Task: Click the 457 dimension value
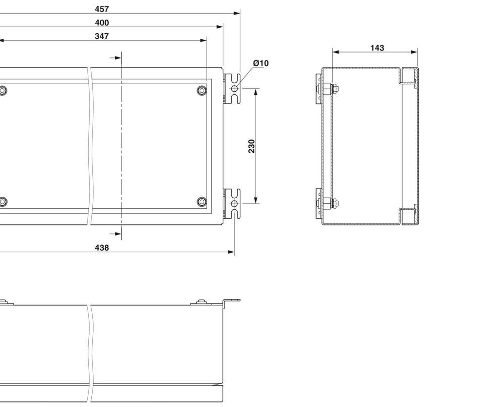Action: (x=102, y=9)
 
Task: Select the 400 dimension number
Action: (x=102, y=23)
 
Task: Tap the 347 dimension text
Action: (x=102, y=36)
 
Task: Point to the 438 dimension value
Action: (x=102, y=248)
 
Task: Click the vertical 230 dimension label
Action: (x=252, y=146)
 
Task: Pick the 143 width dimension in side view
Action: (x=377, y=48)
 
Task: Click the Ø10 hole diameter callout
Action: (x=261, y=63)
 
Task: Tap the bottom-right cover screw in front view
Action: (x=202, y=202)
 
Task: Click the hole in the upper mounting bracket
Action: (x=234, y=89)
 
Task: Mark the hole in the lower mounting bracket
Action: (x=234, y=203)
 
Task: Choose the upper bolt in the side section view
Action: (x=328, y=90)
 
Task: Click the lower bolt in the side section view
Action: (x=328, y=204)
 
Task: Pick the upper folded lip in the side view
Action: (x=409, y=76)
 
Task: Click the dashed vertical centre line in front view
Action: (x=121, y=146)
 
